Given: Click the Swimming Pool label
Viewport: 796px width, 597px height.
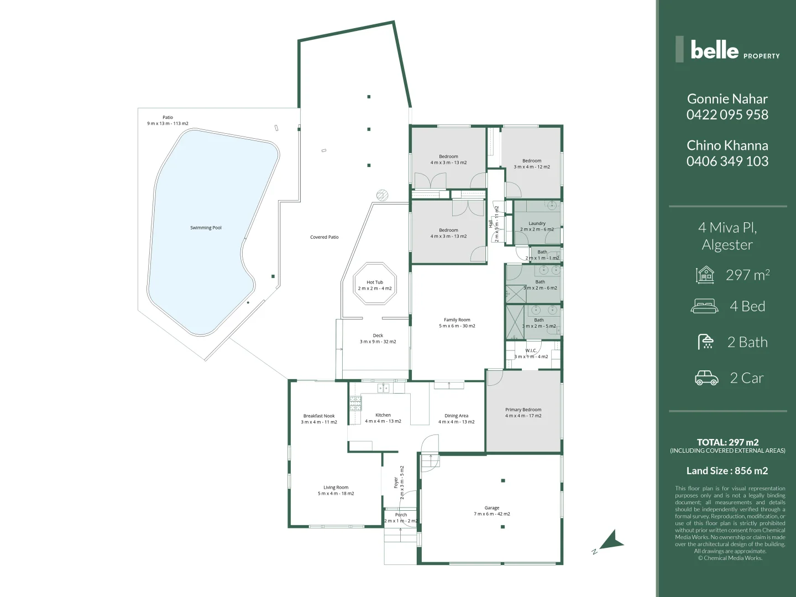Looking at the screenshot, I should [206, 228].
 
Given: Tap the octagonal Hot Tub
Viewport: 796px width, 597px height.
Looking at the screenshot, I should [375, 285].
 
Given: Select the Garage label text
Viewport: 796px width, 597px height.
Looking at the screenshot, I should [492, 508].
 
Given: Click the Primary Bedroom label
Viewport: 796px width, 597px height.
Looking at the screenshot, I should [523, 410].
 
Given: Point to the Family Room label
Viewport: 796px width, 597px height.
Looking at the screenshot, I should [457, 320].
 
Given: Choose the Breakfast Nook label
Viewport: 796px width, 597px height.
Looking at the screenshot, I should [319, 416].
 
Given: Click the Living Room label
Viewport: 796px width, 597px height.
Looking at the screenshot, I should [336, 488].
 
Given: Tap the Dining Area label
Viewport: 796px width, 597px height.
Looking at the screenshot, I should [456, 416].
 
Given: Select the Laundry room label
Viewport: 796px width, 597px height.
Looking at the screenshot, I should [537, 224].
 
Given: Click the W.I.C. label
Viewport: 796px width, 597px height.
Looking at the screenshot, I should [531, 351].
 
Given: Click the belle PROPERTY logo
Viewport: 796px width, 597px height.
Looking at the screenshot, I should [727, 50].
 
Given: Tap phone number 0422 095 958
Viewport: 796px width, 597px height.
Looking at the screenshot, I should [727, 114].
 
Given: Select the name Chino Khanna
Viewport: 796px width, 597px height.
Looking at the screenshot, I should [727, 145].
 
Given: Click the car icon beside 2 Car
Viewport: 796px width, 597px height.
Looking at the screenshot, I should [706, 378].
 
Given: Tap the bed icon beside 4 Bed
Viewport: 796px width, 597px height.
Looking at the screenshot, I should [705, 306].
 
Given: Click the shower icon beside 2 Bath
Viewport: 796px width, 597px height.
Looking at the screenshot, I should [706, 342].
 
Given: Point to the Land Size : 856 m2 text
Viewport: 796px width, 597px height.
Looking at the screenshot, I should [727, 471].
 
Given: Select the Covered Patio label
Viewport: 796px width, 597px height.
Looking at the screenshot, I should [324, 237].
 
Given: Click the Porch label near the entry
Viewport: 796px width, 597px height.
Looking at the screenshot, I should [401, 515].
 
